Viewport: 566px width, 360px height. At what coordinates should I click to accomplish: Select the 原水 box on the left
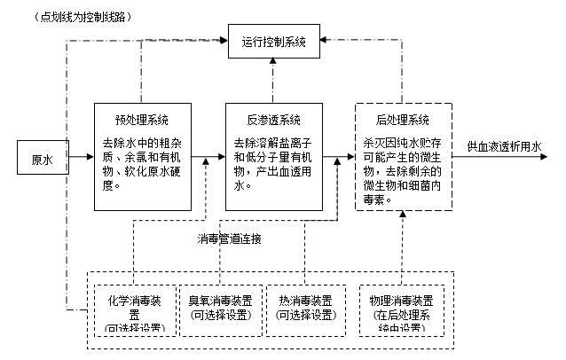pyautogui.click(x=42, y=160)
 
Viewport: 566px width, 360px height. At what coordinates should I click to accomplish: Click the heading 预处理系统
pyautogui.click(x=141, y=119)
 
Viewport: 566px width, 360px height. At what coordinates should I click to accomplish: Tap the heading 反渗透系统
pyautogui.click(x=273, y=119)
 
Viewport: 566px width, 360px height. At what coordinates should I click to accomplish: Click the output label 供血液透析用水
pyautogui.click(x=505, y=146)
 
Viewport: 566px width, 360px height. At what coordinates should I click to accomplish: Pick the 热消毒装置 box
pyautogui.click(x=305, y=307)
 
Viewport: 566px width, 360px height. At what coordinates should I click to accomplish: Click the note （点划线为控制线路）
pyautogui.click(x=70, y=17)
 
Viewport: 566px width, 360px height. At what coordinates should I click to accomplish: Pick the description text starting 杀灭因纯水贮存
pyautogui.click(x=402, y=169)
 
